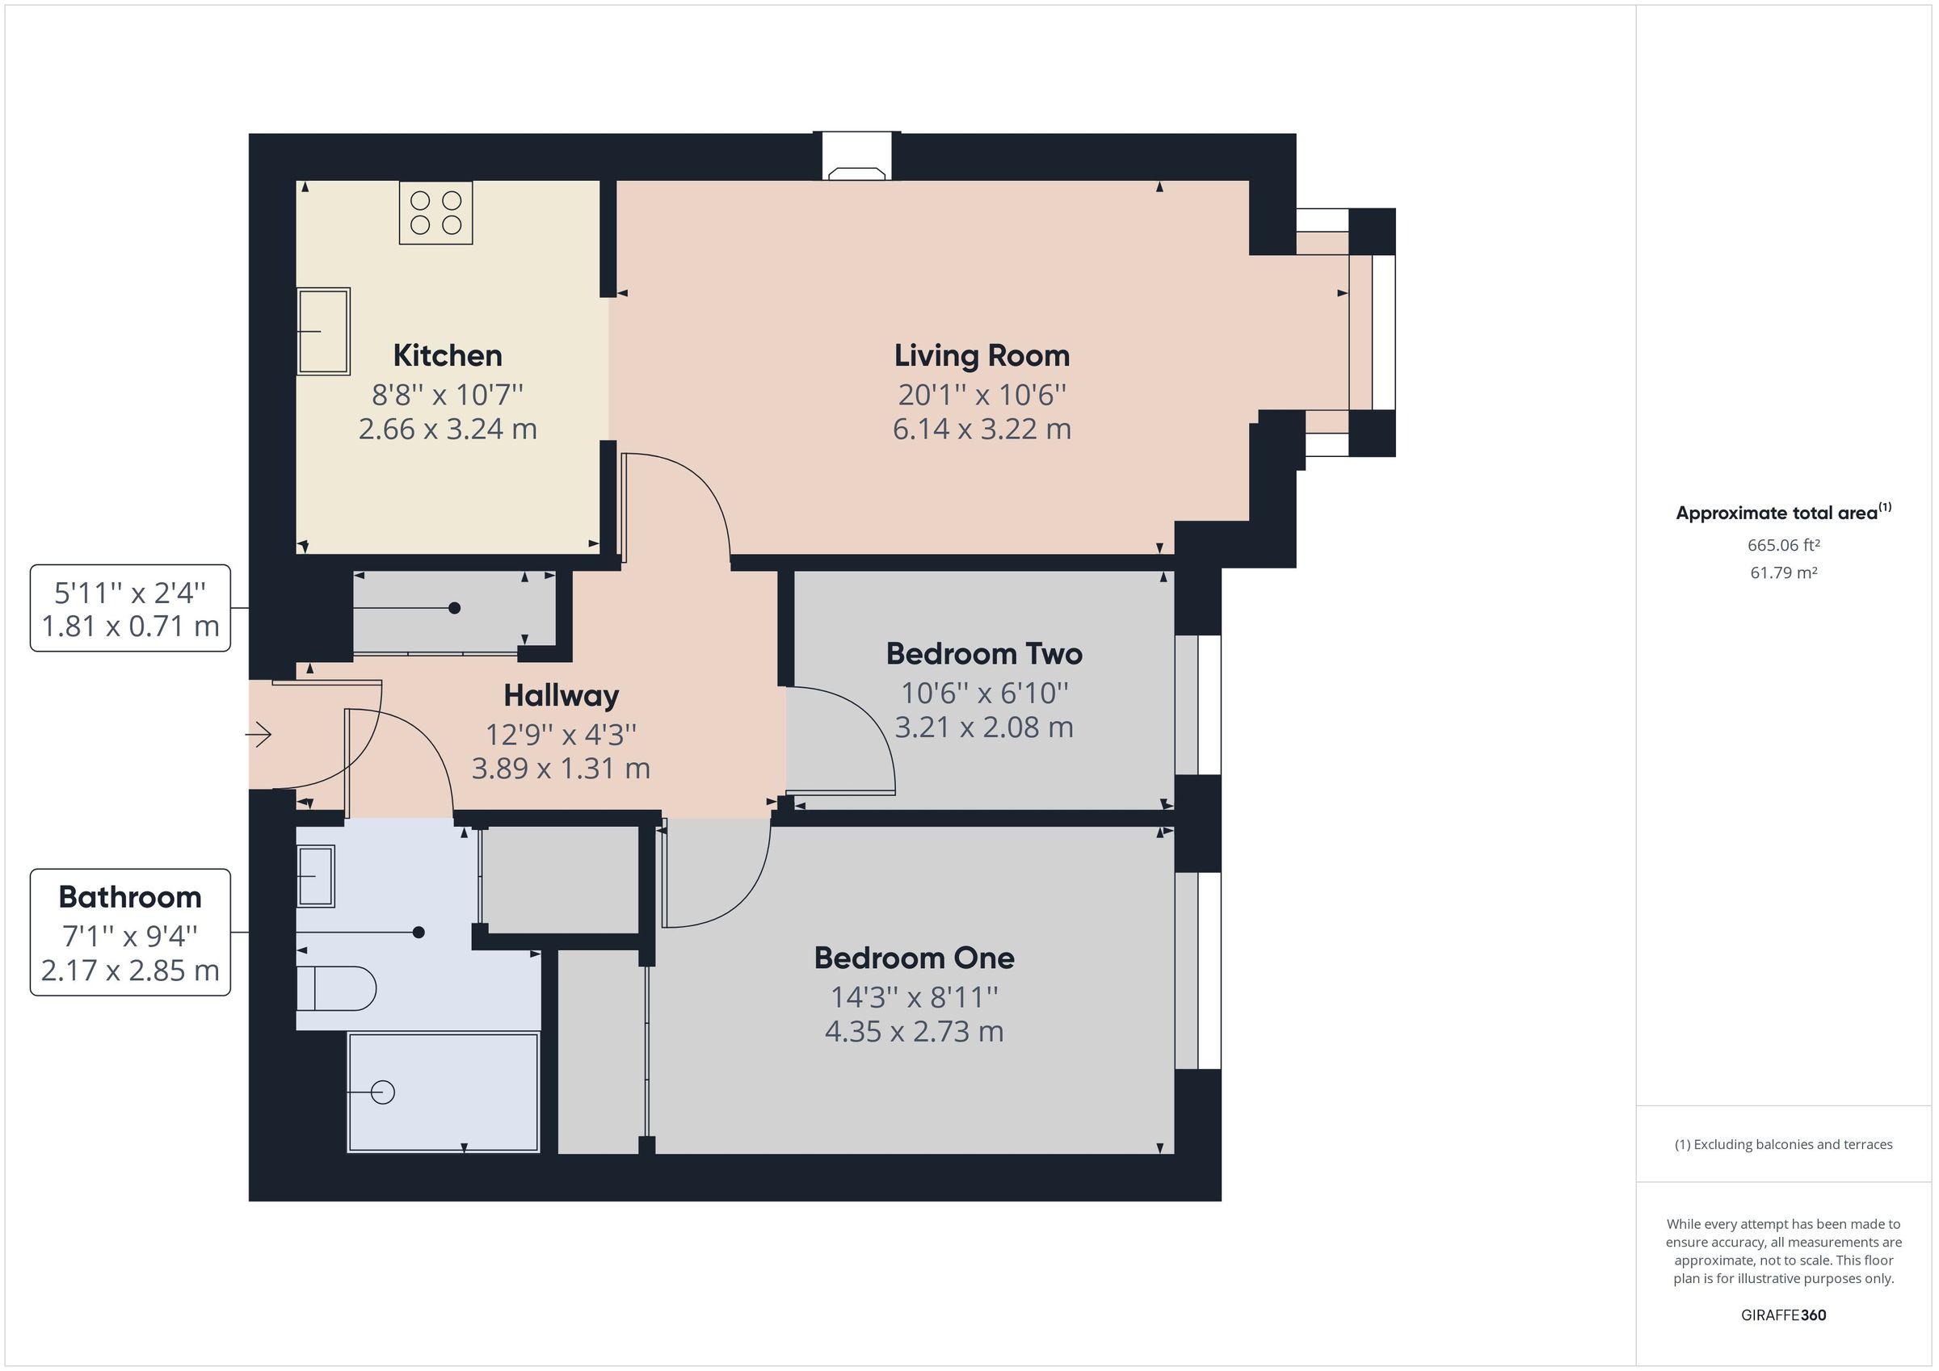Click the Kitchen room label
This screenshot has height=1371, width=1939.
(448, 355)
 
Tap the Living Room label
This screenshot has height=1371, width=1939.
(982, 355)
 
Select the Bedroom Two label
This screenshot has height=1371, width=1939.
(984, 653)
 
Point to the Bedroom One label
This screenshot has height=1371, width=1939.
(914, 958)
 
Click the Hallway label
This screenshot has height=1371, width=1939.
(561, 696)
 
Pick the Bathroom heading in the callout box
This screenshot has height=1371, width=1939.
(130, 896)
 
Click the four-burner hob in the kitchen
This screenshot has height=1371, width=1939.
(435, 212)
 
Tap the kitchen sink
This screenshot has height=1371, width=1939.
(323, 331)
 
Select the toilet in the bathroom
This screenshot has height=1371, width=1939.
(336, 988)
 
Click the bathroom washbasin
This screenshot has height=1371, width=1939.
(316, 875)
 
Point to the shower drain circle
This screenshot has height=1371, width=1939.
(383, 1092)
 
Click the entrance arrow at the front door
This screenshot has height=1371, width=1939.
(259, 736)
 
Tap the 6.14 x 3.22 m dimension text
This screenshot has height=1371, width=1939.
(982, 429)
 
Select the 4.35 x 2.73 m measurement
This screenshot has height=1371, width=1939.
(914, 1031)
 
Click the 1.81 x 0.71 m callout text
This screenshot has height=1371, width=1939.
(130, 627)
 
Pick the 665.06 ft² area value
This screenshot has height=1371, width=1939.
(1784, 545)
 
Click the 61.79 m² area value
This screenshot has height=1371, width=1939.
(1784, 572)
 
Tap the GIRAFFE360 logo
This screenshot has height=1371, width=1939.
(1784, 1314)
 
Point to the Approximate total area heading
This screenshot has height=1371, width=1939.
(1784, 512)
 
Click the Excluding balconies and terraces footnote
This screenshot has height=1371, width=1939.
(1784, 1144)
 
